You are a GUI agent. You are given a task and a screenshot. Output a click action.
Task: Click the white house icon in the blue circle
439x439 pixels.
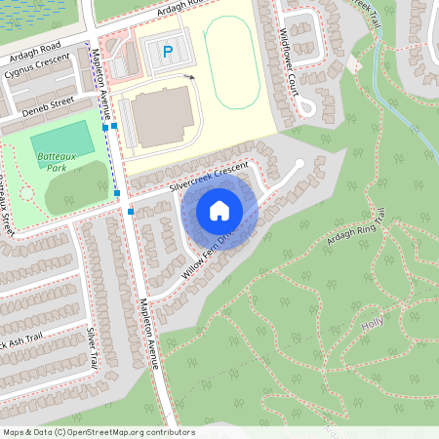(x=219, y=210)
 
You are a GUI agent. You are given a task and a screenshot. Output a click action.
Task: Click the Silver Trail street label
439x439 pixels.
(x=92, y=346)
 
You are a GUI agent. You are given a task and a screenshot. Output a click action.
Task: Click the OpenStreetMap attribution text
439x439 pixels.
(x=98, y=431)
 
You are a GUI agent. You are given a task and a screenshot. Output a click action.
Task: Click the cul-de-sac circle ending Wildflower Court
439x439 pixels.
(x=306, y=105)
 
